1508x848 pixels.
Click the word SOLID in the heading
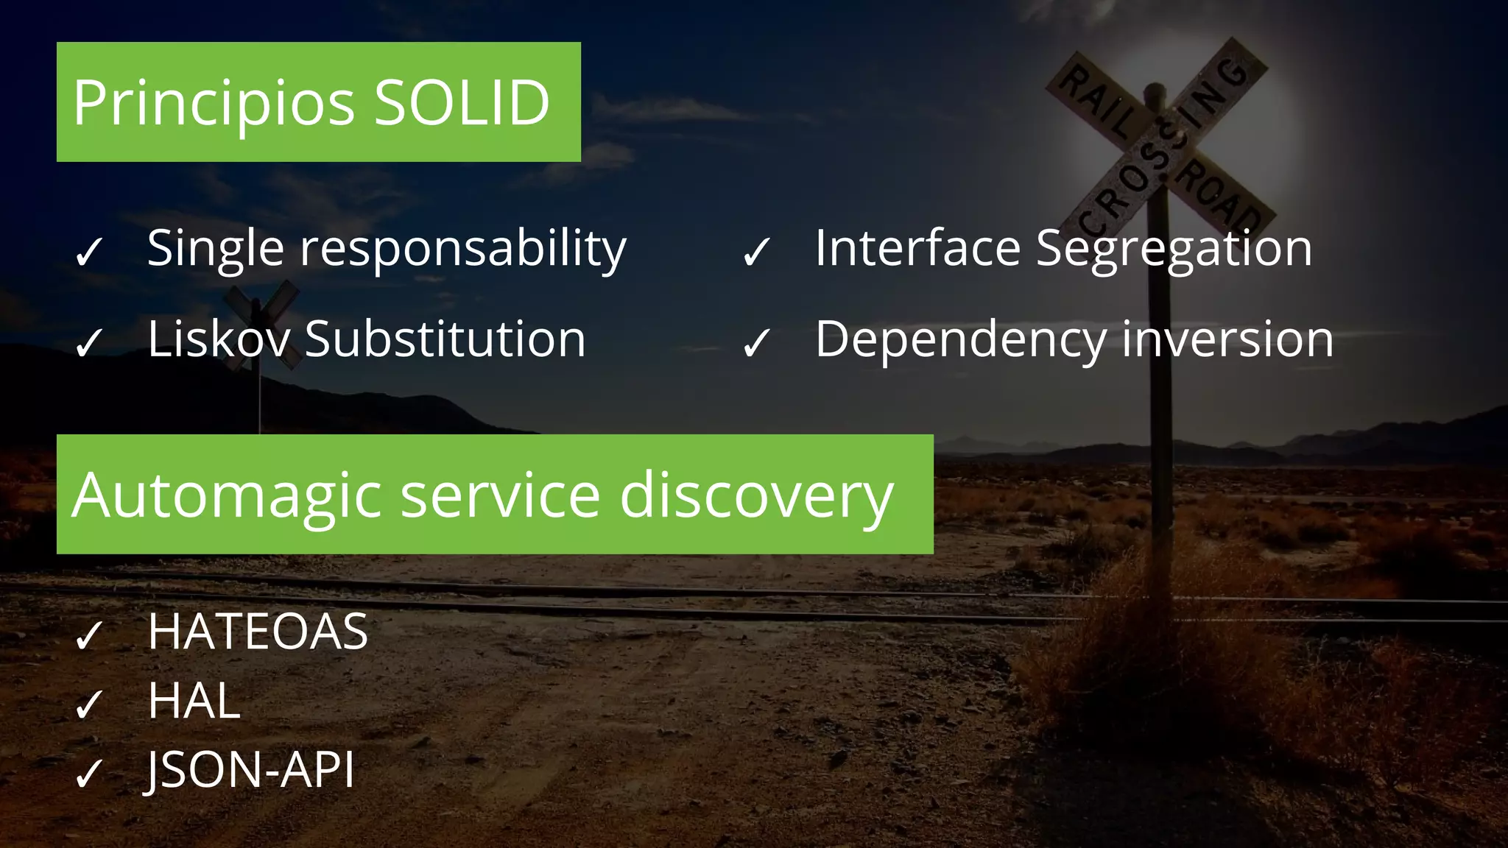(x=462, y=103)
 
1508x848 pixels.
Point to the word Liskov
(x=219, y=339)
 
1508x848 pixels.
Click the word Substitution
(x=445, y=339)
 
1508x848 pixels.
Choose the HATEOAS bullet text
(x=258, y=632)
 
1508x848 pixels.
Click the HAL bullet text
(x=194, y=701)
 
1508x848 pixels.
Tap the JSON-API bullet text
(x=250, y=770)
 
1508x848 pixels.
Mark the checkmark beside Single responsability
(x=89, y=252)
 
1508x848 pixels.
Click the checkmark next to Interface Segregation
(x=757, y=252)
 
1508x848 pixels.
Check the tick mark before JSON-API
(x=89, y=774)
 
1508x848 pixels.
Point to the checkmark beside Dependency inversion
(x=757, y=343)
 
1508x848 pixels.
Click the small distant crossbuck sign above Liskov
(x=259, y=309)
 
